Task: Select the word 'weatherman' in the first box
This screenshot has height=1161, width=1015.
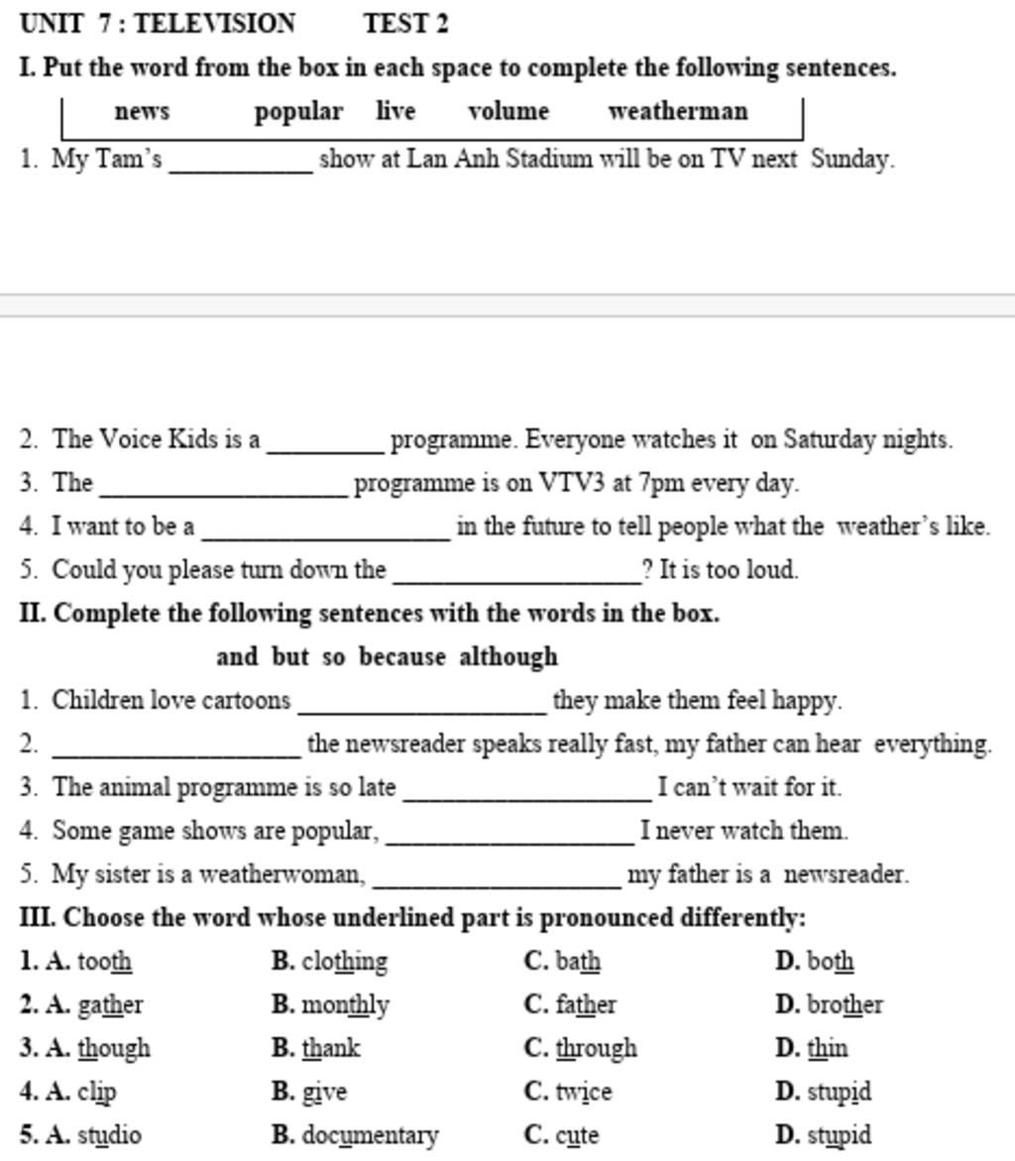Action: (x=678, y=111)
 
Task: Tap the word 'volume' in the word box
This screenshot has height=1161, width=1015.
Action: (x=508, y=111)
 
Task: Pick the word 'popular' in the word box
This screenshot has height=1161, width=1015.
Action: (x=298, y=112)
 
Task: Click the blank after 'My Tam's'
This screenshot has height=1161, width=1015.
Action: (x=242, y=163)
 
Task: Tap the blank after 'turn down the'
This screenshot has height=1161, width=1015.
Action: (x=516, y=573)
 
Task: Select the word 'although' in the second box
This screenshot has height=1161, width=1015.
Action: (x=508, y=656)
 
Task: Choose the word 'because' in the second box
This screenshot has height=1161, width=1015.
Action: (x=402, y=656)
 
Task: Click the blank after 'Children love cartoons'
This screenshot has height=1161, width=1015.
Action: (x=422, y=703)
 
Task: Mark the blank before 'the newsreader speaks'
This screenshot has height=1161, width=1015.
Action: (x=175, y=747)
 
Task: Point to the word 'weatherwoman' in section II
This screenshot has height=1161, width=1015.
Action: (x=282, y=874)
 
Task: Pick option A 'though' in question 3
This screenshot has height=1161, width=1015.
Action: (x=113, y=1048)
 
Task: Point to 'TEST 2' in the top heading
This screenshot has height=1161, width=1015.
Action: (x=405, y=23)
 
